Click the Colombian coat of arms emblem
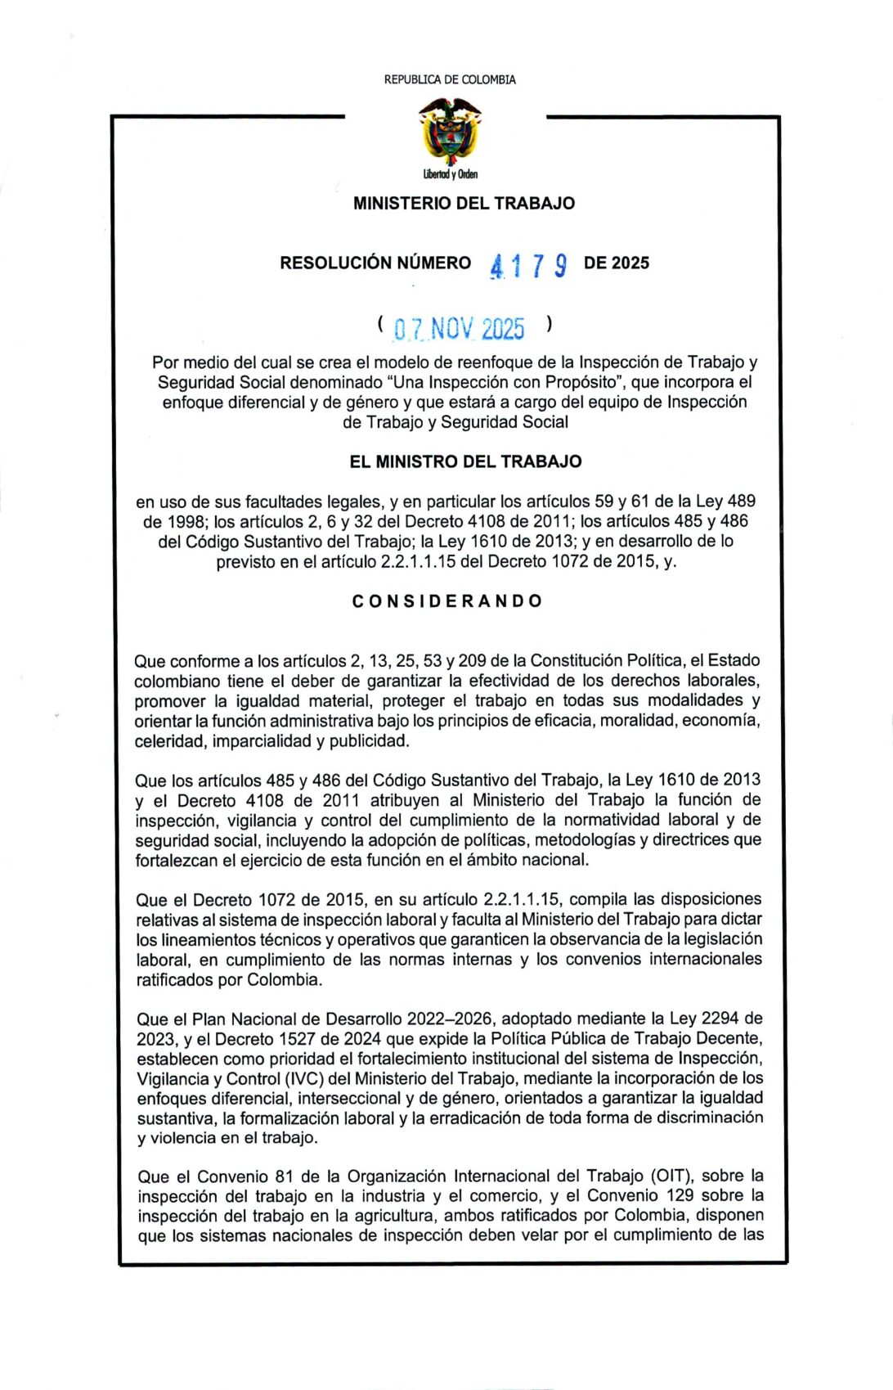(x=449, y=132)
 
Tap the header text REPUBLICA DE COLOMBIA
(x=450, y=79)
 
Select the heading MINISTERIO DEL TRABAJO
(x=464, y=203)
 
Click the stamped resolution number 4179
(x=528, y=265)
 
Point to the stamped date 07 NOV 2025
(x=459, y=329)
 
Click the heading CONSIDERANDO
(x=447, y=601)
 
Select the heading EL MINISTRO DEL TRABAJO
(x=465, y=461)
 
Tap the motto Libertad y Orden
(x=451, y=174)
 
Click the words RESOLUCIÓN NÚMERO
(x=375, y=263)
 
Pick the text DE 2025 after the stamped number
(x=617, y=263)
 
